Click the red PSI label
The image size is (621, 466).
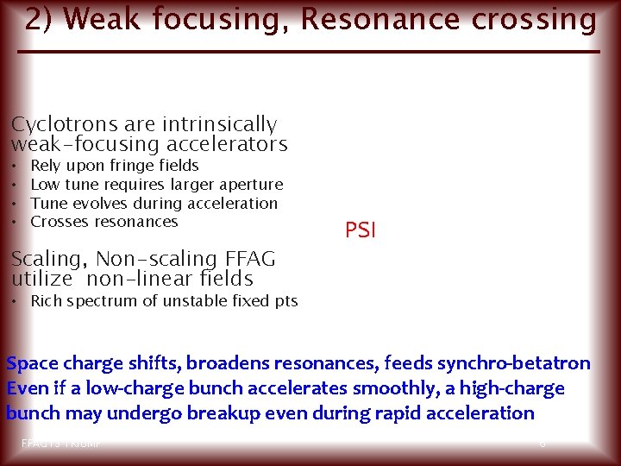[x=361, y=230]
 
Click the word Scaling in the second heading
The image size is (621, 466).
[x=47, y=259]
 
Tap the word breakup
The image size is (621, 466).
[x=229, y=413]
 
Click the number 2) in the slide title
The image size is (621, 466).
[x=38, y=19]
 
